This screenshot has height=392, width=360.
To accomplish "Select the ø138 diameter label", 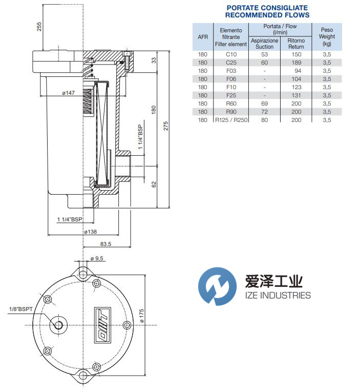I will [90, 232].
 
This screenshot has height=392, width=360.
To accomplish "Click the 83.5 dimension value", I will [106, 244].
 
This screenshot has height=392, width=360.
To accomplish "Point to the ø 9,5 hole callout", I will [97, 259].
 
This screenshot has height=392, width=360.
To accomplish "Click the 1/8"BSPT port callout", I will [20, 308].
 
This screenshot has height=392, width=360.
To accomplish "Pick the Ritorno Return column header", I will [295, 44].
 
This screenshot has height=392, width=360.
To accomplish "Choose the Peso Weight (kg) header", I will [327, 36].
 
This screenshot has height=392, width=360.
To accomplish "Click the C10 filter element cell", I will [230, 54].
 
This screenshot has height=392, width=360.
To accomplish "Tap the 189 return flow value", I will [296, 63].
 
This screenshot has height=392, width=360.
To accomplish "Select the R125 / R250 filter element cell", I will [230, 120].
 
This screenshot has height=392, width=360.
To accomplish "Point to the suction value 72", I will [264, 112].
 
